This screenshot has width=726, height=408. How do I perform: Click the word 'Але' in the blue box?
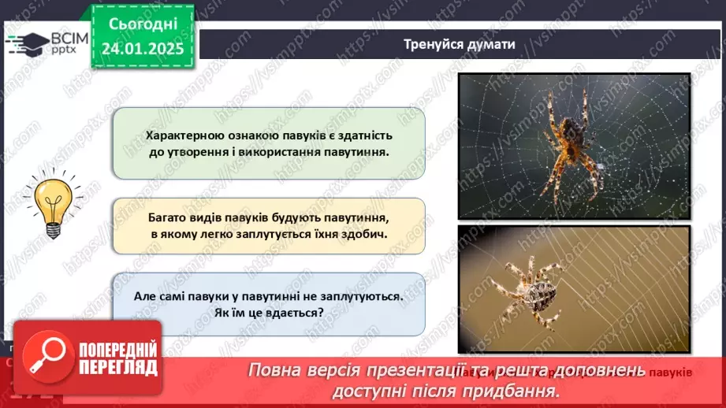147,297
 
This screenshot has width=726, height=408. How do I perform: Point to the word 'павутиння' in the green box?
352,151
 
